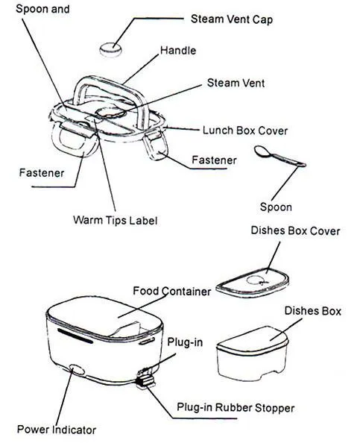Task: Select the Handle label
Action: point(178,51)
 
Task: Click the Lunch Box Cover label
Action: point(245,130)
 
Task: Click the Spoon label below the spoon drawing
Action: point(275,207)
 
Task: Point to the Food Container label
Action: point(171,290)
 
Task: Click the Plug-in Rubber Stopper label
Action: point(235,407)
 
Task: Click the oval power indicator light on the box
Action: point(76,368)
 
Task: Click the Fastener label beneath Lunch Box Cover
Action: point(214,160)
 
